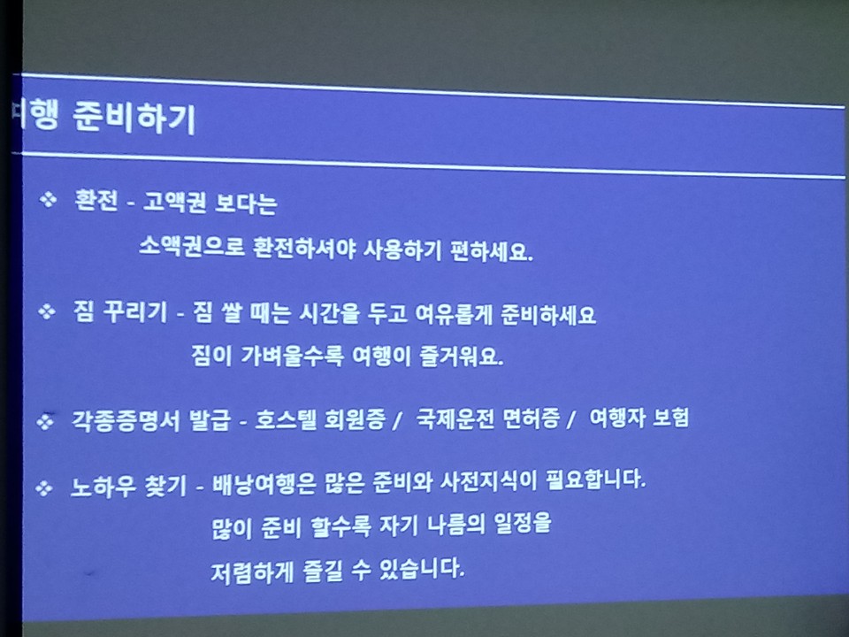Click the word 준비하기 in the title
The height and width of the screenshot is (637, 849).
(x=134, y=118)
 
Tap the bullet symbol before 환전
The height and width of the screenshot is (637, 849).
(x=48, y=199)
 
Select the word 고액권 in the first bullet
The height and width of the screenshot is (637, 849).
(x=174, y=203)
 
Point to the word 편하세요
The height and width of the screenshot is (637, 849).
(x=493, y=251)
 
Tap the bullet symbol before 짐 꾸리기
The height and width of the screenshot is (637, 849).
(x=47, y=311)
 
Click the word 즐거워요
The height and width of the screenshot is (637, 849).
(x=462, y=357)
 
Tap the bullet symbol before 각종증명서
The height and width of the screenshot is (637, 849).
(x=45, y=421)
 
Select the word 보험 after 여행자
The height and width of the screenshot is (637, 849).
(x=671, y=417)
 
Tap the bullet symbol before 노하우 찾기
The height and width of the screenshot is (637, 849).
(x=44, y=488)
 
